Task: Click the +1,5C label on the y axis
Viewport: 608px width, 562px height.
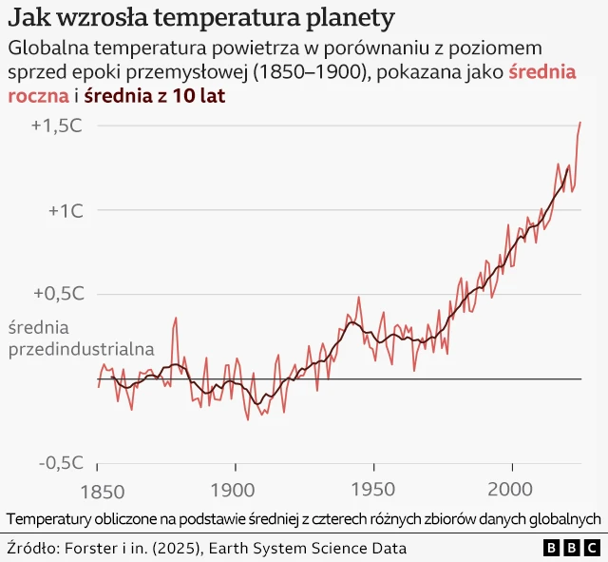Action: pos(56,126)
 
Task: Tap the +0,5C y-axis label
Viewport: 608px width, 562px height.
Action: pos(56,294)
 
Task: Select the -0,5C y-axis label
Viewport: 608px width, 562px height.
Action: pos(58,462)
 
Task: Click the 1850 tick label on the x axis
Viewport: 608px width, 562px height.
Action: pos(98,492)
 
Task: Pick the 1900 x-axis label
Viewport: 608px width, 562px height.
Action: pos(235,492)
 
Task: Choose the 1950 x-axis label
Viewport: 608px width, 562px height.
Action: pos(373,492)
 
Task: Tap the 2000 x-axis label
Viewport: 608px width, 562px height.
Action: pos(512,492)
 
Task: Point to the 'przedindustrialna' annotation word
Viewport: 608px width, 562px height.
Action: pos(81,349)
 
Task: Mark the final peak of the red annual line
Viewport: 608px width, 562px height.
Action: pos(580,123)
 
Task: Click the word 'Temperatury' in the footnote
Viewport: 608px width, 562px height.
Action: pos(47,518)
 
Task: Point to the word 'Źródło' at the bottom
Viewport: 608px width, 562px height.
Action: pos(31,548)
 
